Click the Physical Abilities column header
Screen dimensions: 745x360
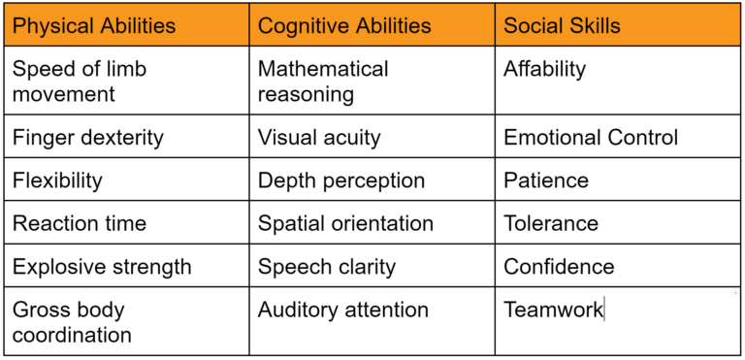click(x=94, y=25)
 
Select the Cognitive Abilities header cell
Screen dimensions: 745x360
click(x=344, y=25)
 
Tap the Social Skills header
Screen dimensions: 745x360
click(x=562, y=25)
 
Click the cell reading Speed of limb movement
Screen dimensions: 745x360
click(x=80, y=82)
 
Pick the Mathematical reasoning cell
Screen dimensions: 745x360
click(x=323, y=82)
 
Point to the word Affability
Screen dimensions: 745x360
click(x=545, y=69)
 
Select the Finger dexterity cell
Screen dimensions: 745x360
click(x=87, y=138)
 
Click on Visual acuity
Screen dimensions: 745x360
click(x=319, y=138)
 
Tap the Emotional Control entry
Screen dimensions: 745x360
click(x=591, y=138)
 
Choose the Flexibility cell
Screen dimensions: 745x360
click(x=57, y=180)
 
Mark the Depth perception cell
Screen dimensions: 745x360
click(x=341, y=180)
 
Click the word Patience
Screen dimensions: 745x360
click(x=546, y=180)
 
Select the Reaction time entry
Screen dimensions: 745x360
click(x=80, y=223)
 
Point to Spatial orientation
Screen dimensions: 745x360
click(x=345, y=223)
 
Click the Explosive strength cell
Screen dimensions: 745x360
click(x=102, y=266)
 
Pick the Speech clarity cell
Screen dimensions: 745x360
click(x=327, y=266)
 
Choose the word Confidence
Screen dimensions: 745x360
click(x=559, y=266)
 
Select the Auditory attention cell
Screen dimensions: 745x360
click(x=343, y=311)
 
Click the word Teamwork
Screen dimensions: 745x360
click(x=553, y=311)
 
